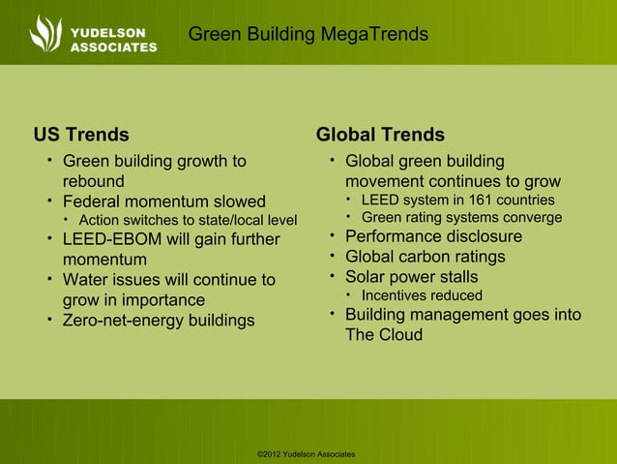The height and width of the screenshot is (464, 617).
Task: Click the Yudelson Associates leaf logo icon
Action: (x=45, y=32)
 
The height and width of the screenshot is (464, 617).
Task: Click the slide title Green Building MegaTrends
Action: (x=308, y=35)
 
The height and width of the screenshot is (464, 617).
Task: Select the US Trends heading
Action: (x=81, y=135)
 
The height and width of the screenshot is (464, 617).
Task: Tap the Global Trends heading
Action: (x=380, y=135)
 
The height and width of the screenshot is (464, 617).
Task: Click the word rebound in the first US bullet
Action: (x=94, y=181)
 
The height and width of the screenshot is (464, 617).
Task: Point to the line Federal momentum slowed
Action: (x=163, y=201)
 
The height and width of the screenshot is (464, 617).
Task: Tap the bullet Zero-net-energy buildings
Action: (x=159, y=320)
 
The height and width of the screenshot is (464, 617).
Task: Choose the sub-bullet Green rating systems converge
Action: (x=461, y=218)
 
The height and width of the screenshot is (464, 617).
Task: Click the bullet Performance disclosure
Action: (x=433, y=236)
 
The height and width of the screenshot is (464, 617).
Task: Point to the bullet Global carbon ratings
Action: (x=425, y=257)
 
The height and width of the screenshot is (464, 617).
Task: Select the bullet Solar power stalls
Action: (x=411, y=277)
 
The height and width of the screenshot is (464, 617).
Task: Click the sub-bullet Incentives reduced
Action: (x=422, y=295)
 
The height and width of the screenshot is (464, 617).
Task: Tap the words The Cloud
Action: (x=384, y=335)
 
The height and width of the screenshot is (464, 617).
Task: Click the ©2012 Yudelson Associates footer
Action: (x=307, y=453)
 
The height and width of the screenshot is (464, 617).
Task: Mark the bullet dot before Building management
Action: (x=331, y=314)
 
